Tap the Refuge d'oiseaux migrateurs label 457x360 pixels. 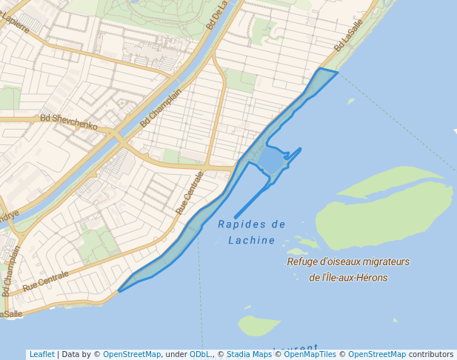[x=348, y=261]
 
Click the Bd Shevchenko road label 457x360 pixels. [x=69, y=121]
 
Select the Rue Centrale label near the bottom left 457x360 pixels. [x=45, y=281]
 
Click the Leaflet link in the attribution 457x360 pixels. [x=41, y=354]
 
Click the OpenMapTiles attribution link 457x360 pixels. [x=310, y=354]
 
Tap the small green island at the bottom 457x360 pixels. [x=257, y=324]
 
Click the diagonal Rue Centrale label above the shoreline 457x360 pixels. [x=190, y=193]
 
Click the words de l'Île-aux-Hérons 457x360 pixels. [x=348, y=278]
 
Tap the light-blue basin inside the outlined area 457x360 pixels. [x=270, y=160]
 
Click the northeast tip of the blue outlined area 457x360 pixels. [x=337, y=73]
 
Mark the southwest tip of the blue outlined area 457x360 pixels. [x=119, y=290]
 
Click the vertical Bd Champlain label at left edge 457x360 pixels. [x=10, y=271]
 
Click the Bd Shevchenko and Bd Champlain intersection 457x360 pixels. [x=119, y=136]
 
